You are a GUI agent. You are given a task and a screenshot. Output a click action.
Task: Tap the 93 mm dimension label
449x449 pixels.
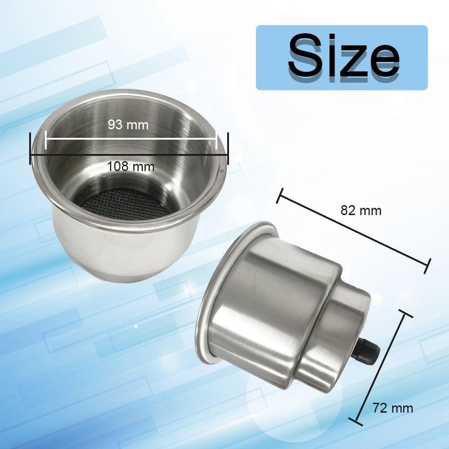pos(128,125)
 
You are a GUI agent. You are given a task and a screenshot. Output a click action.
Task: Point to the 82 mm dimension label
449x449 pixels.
pos(361,211)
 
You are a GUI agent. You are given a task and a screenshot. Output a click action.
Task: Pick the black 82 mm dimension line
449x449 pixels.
pos(354,229)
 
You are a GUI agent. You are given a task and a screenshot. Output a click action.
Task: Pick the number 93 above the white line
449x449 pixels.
pos(116,125)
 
